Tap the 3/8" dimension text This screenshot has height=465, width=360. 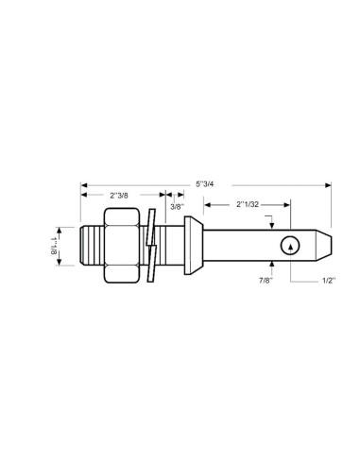tap(176, 206)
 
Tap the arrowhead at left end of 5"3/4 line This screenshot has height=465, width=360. tap(83, 183)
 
